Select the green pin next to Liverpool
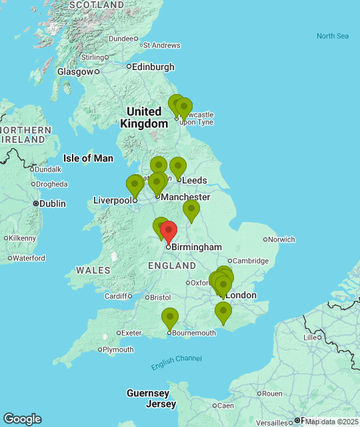click(135, 185)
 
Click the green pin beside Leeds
click(177, 167)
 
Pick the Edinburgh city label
click(153, 67)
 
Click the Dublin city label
click(52, 203)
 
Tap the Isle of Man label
click(88, 158)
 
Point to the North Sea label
click(333, 36)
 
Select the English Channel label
click(176, 362)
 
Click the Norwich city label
click(281, 239)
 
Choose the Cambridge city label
click(251, 261)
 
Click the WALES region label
click(89, 270)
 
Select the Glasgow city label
click(75, 71)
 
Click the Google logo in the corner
click(22, 419)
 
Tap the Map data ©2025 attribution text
click(331, 422)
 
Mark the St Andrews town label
click(161, 45)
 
